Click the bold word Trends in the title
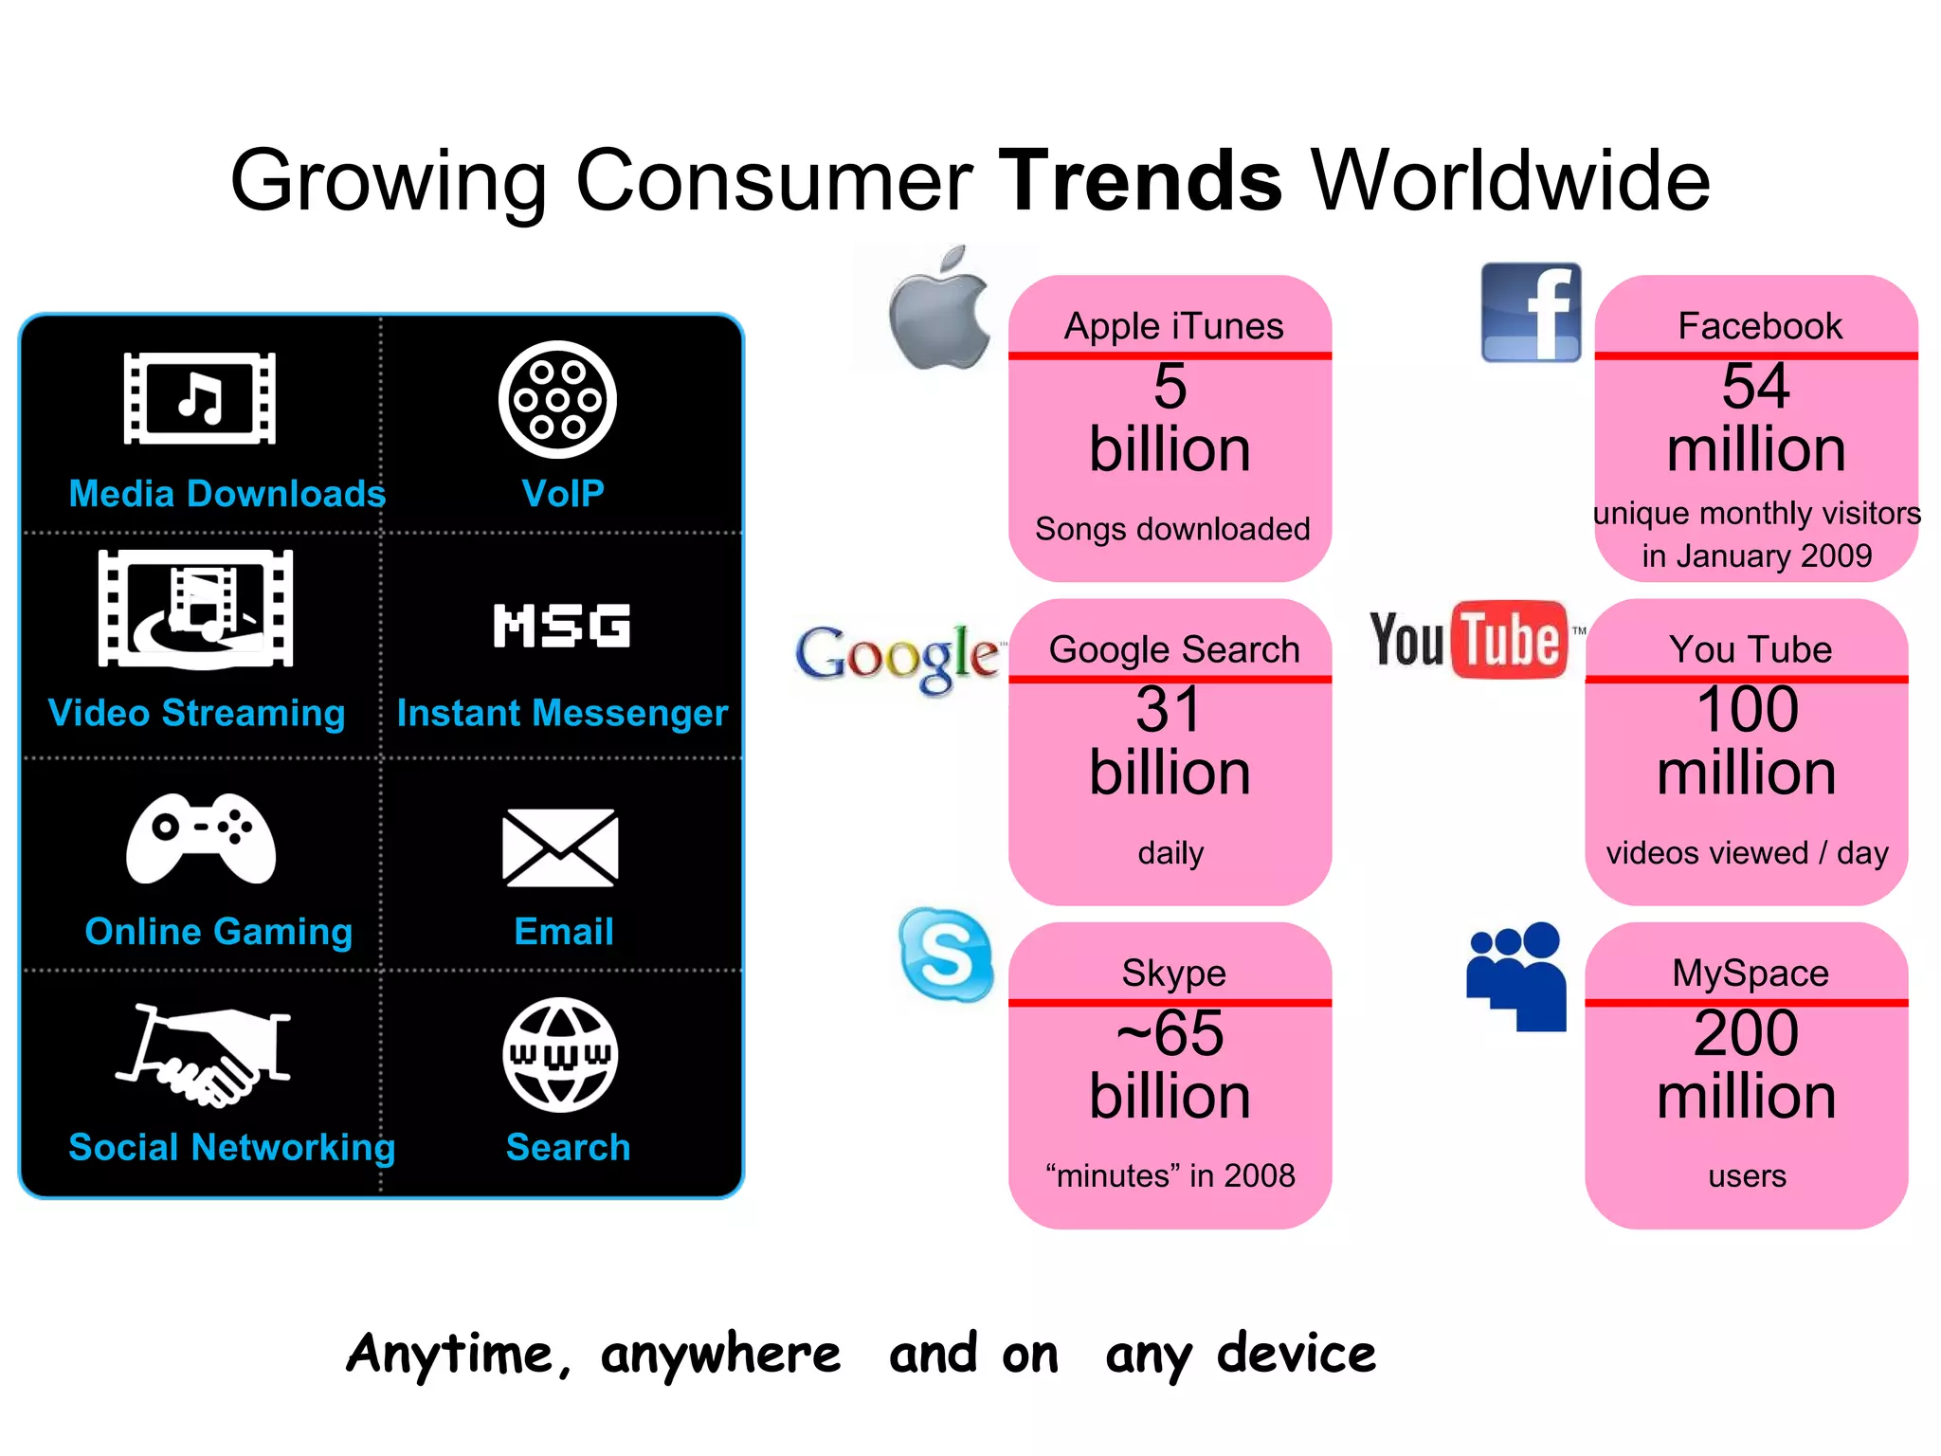tap(1141, 180)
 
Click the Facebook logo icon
tap(1531, 313)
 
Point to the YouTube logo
tap(1469, 640)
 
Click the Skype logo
tap(945, 954)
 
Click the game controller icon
tap(201, 838)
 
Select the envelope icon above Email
tap(560, 847)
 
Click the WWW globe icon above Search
tap(560, 1054)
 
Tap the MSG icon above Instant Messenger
tap(562, 626)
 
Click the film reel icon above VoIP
tap(557, 400)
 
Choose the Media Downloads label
tap(227, 494)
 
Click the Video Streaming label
tap(197, 713)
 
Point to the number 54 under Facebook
tap(1755, 387)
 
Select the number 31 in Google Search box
tap(1170, 709)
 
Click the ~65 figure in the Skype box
tap(1170, 1033)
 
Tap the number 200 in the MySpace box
tap(1746, 1033)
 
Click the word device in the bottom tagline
tap(1297, 1354)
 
